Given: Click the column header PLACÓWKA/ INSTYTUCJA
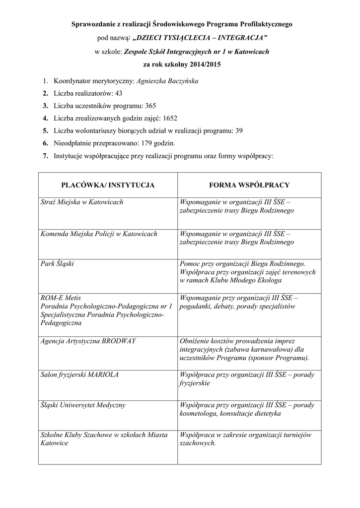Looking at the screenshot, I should tap(108, 185).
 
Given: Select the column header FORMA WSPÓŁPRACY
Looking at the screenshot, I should tap(250, 185).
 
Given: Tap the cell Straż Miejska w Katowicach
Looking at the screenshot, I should tap(82, 202).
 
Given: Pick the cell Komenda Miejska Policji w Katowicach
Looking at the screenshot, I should tap(99, 234).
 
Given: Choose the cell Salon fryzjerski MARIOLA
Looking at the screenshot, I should tap(79, 375).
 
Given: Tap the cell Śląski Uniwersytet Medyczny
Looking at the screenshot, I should tap(83, 405).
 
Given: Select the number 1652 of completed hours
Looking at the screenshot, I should tap(169, 119).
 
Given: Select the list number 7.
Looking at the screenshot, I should tap(45, 156).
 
